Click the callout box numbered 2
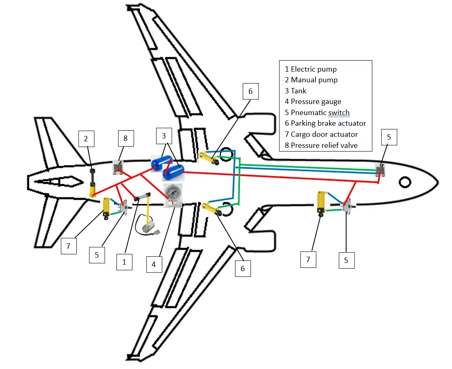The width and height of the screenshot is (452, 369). coord(86,139)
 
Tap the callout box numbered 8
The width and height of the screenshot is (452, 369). coord(125,139)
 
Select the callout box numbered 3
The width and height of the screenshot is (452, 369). coord(164,135)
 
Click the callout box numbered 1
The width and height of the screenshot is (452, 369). coord(124,262)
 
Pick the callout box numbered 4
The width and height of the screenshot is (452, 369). coord(154,264)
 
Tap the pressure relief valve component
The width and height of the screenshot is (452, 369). coord(118,168)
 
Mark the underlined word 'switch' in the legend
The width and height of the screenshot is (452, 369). coord(339,113)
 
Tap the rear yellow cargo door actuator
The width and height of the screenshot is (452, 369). coord(107,207)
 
